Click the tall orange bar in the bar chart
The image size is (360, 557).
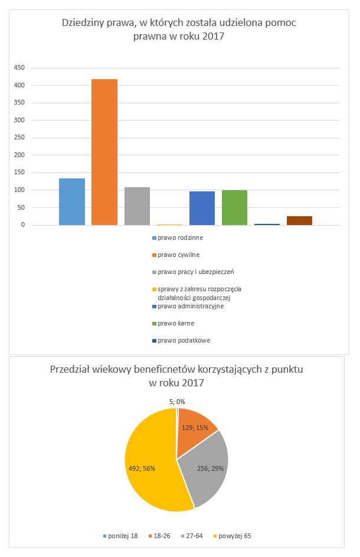(104, 152)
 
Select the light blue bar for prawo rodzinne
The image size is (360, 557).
(72, 202)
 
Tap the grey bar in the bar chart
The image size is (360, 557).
(137, 206)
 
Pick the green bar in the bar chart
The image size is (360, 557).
(235, 207)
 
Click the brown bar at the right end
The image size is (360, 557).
(300, 220)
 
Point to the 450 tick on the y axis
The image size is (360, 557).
(19, 67)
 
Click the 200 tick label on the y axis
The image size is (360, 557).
(19, 155)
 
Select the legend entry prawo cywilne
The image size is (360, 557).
(176, 255)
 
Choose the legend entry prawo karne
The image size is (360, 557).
(174, 323)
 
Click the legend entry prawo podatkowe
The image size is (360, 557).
(181, 340)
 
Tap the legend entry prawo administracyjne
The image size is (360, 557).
(188, 306)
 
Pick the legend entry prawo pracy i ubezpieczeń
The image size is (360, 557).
(193, 272)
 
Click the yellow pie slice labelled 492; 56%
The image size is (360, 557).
(153, 462)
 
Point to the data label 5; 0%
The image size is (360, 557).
(177, 402)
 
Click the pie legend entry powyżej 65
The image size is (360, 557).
(232, 536)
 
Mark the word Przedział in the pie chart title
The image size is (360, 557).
(70, 369)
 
